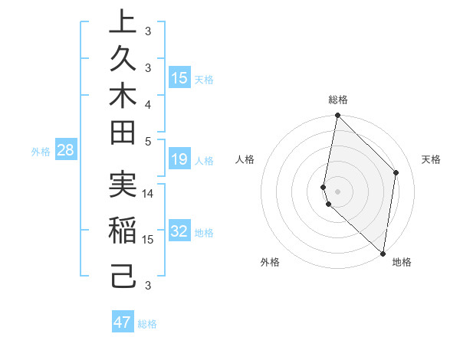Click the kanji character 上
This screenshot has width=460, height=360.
point(123,22)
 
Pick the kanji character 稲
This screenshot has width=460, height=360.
point(123,231)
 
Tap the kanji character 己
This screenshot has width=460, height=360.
point(123,275)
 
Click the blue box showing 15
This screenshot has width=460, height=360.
point(179,77)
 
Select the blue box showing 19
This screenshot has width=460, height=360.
point(179,159)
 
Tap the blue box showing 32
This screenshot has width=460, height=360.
point(179,231)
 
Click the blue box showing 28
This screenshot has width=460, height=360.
point(65,150)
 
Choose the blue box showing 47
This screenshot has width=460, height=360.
point(123,322)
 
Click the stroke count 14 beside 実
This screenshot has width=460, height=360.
point(148,194)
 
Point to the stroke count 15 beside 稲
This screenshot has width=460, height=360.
point(148,240)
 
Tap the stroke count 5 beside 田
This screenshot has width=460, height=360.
point(148,141)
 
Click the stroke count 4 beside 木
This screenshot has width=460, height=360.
point(148,103)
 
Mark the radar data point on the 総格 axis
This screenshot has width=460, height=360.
point(337,116)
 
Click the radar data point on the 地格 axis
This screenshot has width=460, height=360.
point(383,254)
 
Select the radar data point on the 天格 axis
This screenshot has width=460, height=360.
point(396,172)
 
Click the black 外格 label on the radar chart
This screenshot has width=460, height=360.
point(270,263)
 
